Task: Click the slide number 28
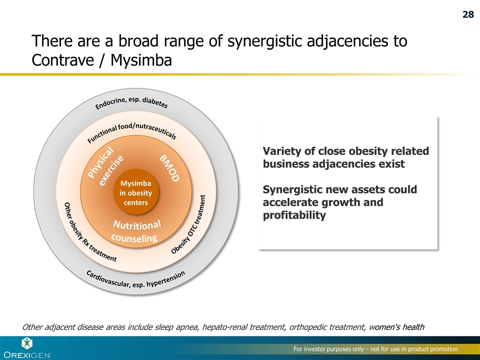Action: tap(467, 14)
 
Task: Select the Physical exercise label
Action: tap(105, 166)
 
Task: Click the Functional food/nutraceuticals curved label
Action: tap(132, 131)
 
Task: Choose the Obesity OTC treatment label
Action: tap(192, 224)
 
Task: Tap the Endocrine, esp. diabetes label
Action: tap(132, 102)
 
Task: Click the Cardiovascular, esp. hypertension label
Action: tap(135, 279)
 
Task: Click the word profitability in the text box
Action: tap(294, 215)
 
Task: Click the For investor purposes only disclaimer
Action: tap(375, 348)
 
